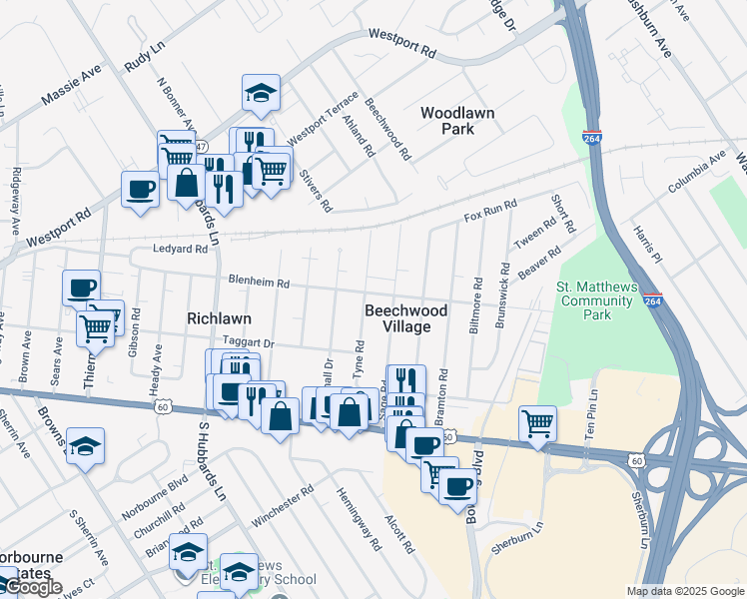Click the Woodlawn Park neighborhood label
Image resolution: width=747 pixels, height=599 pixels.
(x=457, y=121)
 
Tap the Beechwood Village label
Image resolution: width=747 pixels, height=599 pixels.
(x=396, y=318)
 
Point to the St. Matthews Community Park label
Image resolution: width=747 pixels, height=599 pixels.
(x=596, y=300)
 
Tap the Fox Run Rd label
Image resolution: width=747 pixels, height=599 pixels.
(x=490, y=211)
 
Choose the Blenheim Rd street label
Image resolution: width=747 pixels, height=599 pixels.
(x=259, y=283)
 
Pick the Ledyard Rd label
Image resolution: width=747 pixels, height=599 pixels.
(x=179, y=249)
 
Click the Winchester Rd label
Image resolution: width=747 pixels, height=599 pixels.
(x=283, y=496)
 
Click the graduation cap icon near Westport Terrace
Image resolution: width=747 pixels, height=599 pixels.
(x=262, y=93)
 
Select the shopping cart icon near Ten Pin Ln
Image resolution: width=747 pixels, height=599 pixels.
(x=537, y=422)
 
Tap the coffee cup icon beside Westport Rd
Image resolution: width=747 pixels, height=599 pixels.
(x=140, y=188)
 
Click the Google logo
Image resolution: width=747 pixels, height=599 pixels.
(x=32, y=587)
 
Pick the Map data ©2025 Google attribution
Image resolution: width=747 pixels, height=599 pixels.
(x=685, y=591)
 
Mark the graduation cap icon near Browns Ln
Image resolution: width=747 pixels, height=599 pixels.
(x=86, y=445)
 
